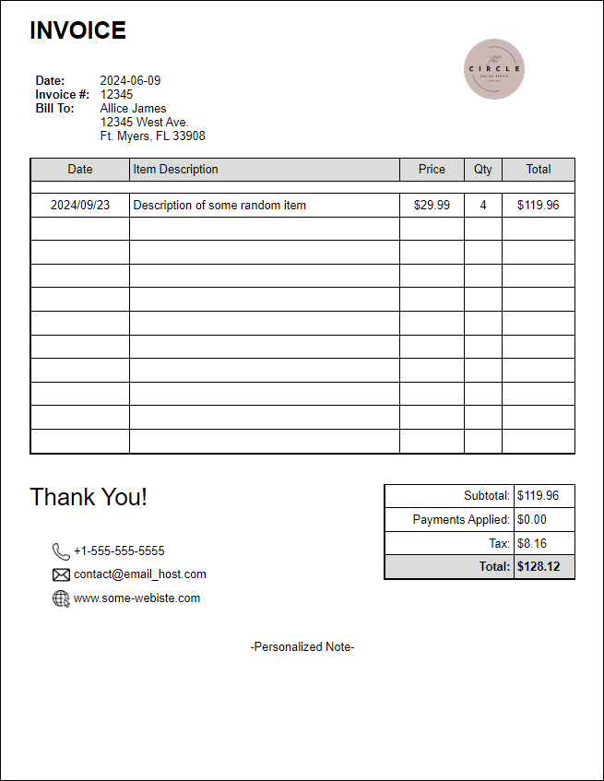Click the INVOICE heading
(77, 30)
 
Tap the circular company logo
(494, 69)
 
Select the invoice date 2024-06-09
(130, 80)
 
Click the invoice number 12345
(116, 94)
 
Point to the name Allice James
(133, 108)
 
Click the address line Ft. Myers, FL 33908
(152, 136)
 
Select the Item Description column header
(175, 169)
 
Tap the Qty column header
(483, 169)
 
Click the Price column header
(432, 169)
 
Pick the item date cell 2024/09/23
(80, 205)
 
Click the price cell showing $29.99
(432, 205)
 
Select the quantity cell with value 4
(483, 205)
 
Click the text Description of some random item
(219, 205)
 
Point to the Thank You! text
(89, 497)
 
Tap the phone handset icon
(61, 551)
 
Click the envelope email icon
(61, 574)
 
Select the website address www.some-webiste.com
(136, 598)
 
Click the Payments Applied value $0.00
(532, 519)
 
